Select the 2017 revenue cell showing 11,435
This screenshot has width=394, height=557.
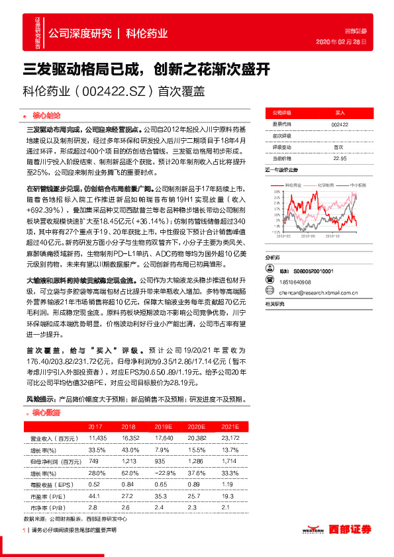click(97, 438)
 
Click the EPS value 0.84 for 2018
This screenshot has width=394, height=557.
click(128, 484)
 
